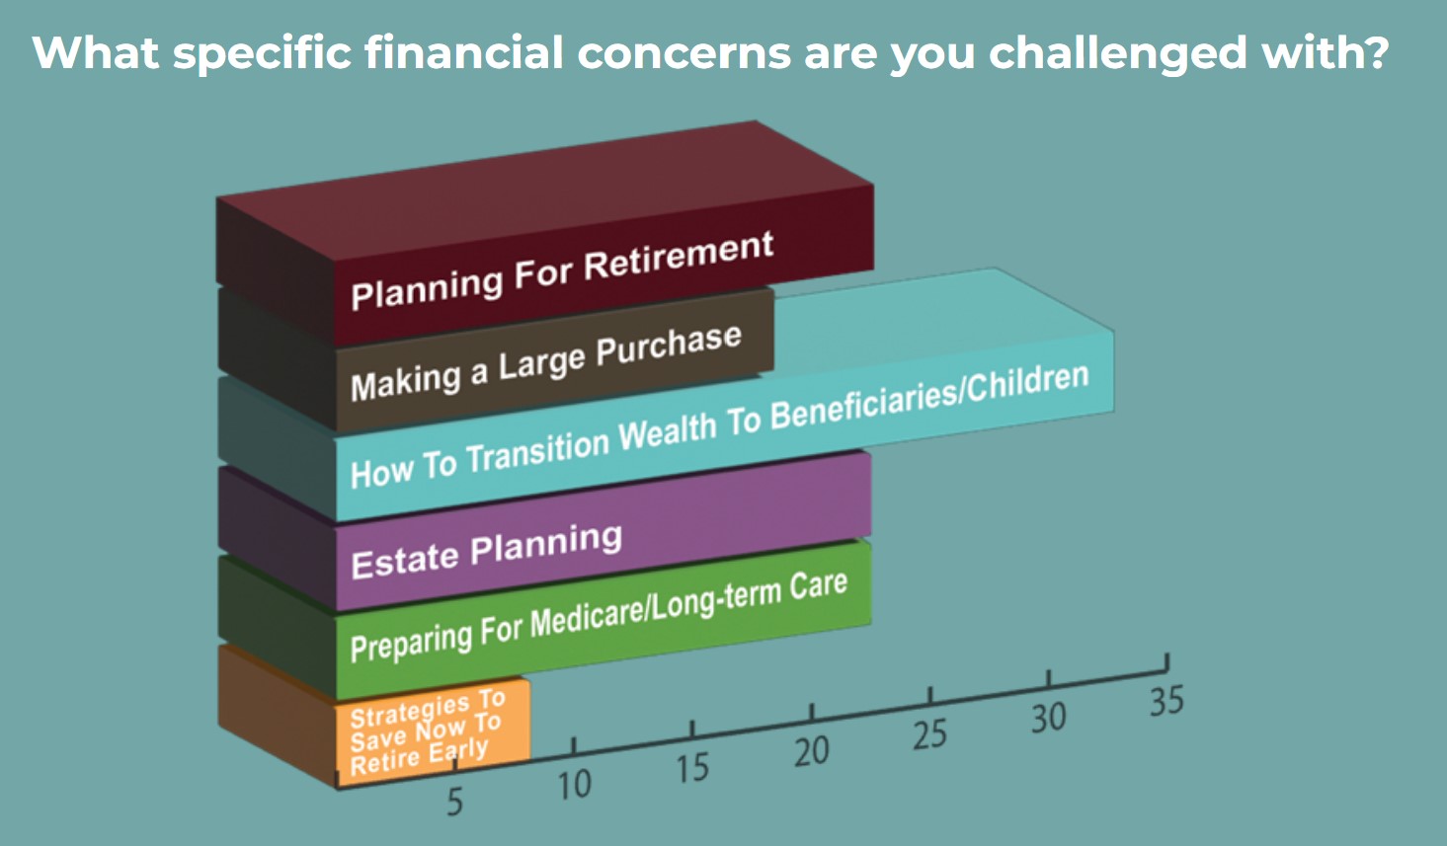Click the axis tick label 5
point(454,803)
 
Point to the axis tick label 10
point(574,786)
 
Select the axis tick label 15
point(692,768)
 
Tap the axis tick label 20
point(811,751)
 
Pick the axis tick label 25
point(930,734)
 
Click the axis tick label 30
point(1048,718)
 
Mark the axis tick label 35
point(1166,701)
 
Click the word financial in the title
point(464,53)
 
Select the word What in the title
point(96,52)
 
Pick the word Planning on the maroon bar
point(427,287)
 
